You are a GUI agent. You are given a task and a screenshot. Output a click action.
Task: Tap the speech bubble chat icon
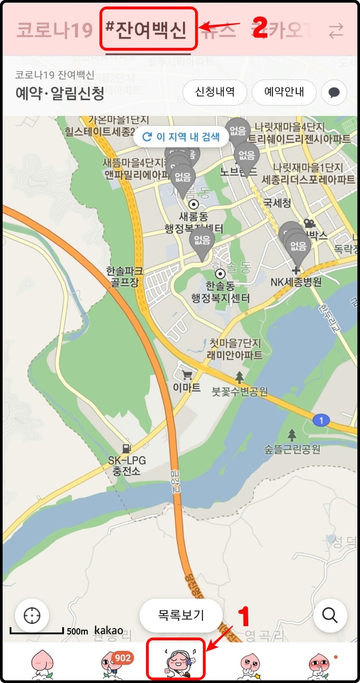tap(334, 93)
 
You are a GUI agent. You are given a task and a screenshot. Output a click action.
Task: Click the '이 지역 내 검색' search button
tap(181, 137)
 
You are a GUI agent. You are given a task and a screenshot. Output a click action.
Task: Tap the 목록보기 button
tap(181, 614)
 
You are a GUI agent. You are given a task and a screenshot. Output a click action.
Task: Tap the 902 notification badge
tap(122, 658)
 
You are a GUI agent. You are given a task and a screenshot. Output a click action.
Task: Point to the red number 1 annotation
tap(244, 617)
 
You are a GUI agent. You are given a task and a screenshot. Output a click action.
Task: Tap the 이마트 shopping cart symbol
tap(187, 375)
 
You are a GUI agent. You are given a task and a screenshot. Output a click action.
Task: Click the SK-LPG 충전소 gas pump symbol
tap(126, 448)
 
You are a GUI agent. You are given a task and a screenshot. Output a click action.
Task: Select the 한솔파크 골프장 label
tap(124, 276)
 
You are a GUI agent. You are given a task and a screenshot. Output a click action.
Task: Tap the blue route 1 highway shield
tap(320, 420)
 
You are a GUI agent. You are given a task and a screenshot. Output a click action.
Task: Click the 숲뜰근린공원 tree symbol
tap(292, 435)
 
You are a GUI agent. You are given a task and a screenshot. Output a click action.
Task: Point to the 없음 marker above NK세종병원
tap(299, 248)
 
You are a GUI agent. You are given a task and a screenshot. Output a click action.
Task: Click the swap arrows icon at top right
tap(336, 31)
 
